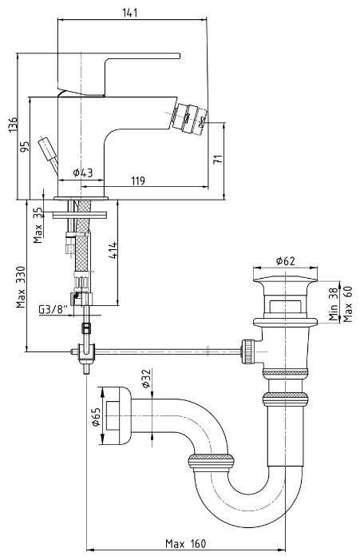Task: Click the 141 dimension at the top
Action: [130, 13]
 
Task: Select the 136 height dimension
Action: [13, 125]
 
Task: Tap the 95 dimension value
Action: [24, 147]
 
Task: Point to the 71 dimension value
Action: [218, 159]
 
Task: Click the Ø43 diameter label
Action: [83, 173]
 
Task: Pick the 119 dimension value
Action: [138, 181]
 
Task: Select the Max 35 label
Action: [38, 226]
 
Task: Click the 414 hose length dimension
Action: [113, 250]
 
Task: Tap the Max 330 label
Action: [21, 287]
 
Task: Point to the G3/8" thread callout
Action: [53, 309]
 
